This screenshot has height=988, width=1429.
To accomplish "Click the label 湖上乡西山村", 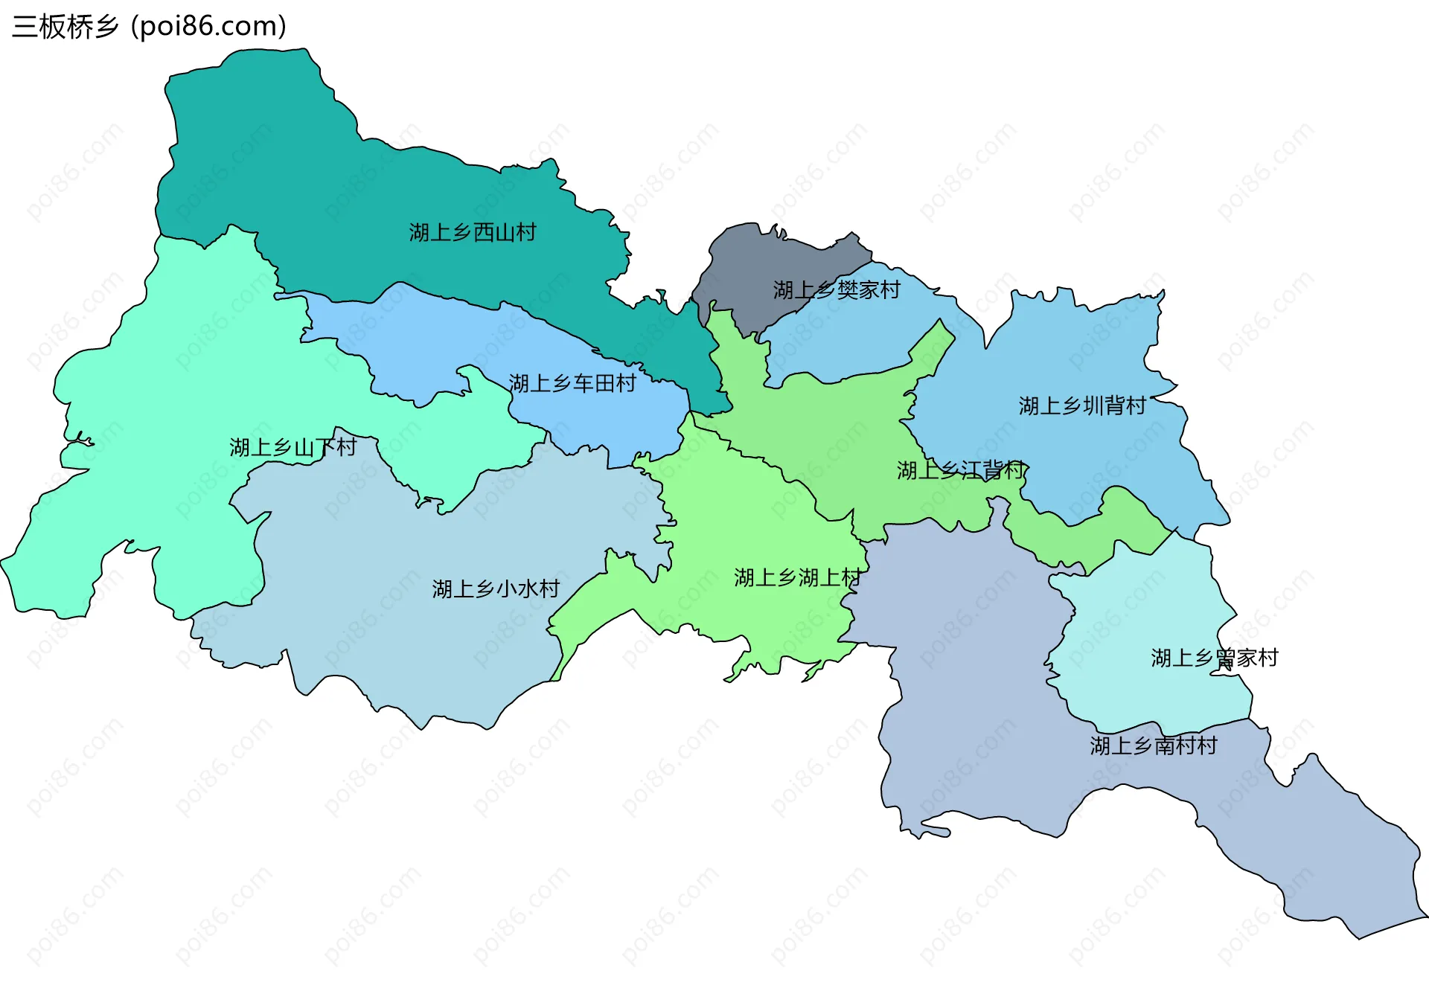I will [x=473, y=233].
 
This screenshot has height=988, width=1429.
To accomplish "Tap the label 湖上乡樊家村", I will [x=837, y=290].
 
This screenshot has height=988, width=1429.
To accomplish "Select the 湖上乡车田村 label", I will [x=572, y=384].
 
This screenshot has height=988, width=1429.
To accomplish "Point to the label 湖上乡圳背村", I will [x=1082, y=406].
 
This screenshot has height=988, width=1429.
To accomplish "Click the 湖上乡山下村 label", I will [x=292, y=448].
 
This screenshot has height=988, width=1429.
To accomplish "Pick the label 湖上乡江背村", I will [x=961, y=470].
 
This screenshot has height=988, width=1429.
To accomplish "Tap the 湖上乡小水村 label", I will [x=496, y=589].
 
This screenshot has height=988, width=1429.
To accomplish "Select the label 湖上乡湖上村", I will [x=797, y=577].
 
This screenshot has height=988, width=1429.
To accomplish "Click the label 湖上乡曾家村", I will [x=1215, y=658].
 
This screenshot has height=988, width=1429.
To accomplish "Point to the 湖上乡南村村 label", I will [x=1154, y=745].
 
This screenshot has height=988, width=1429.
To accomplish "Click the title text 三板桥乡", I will [x=65, y=27].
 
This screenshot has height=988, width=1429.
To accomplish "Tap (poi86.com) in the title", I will [x=209, y=27].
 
